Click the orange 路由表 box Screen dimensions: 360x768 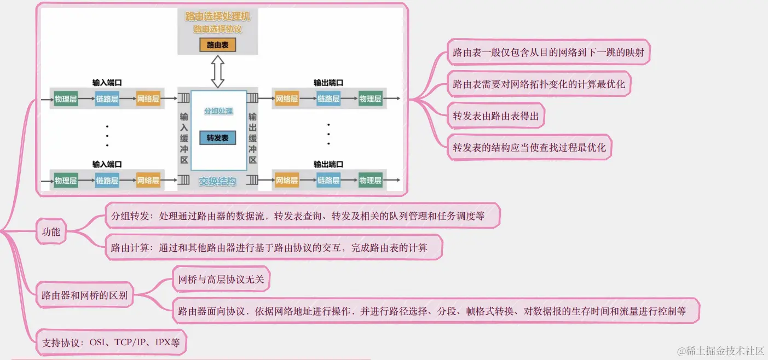[217, 45]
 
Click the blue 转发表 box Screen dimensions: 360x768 [217, 138]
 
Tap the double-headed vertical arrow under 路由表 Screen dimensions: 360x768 [218, 72]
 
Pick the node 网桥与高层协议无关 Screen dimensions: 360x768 [221, 280]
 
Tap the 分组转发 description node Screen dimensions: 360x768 [298, 216]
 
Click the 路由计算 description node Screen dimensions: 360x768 [269, 248]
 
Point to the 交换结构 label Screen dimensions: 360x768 [217, 181]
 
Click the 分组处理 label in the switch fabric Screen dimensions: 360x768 [218, 111]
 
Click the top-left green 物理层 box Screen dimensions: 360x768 [66, 99]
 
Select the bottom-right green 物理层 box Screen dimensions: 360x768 [370, 181]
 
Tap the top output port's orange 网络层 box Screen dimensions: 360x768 [286, 99]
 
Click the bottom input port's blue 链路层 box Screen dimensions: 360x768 [107, 181]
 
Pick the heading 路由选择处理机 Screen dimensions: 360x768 [217, 17]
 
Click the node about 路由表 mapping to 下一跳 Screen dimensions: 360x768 [548, 53]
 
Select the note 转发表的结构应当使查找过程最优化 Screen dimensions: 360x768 [529, 148]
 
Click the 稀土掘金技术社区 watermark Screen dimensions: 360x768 [720, 350]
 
